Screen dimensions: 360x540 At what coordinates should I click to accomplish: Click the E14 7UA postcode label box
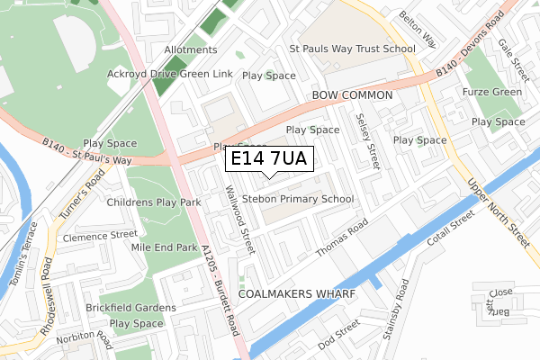coord(268,159)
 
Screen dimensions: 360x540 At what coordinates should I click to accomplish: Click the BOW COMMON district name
coord(352,94)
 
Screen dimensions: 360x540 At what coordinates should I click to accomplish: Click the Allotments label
coord(190,49)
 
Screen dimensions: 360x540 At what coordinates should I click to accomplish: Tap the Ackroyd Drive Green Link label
coord(169,74)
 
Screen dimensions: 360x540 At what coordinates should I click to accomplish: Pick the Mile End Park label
coord(164,247)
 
